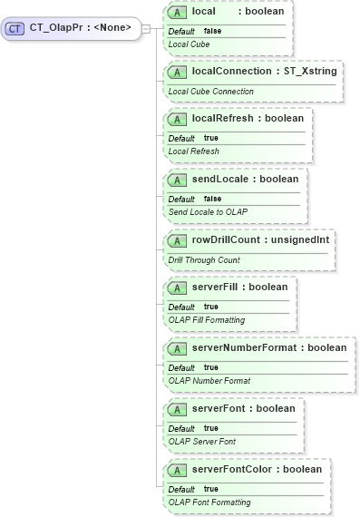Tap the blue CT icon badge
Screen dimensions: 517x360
[x=15, y=28]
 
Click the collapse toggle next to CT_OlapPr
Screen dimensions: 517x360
[x=147, y=28]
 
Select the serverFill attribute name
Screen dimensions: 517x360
[x=216, y=287]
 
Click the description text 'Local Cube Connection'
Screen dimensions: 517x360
[x=209, y=91]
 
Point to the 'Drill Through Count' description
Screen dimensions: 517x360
[x=204, y=259]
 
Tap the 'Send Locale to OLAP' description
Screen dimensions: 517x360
[x=208, y=211]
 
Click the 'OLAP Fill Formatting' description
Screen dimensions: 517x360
[x=206, y=319]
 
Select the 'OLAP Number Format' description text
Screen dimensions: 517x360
[x=209, y=380]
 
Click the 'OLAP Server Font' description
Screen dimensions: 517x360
[x=201, y=441]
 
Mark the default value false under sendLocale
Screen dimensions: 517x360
[x=212, y=199]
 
